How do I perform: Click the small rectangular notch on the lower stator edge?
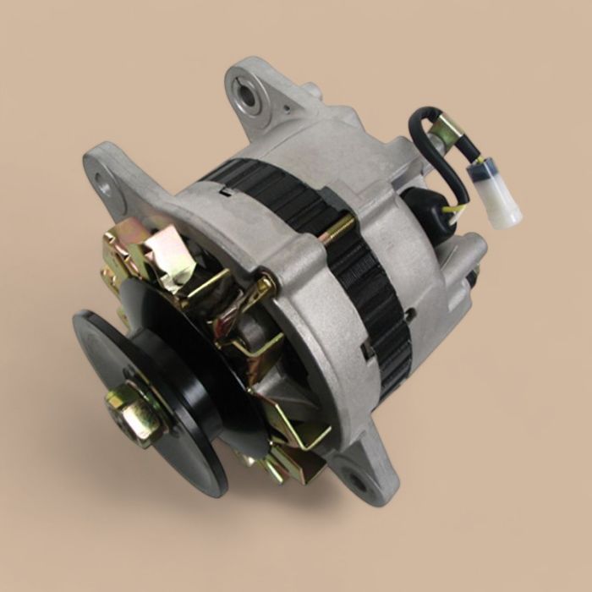pyautogui.click(x=367, y=349)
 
